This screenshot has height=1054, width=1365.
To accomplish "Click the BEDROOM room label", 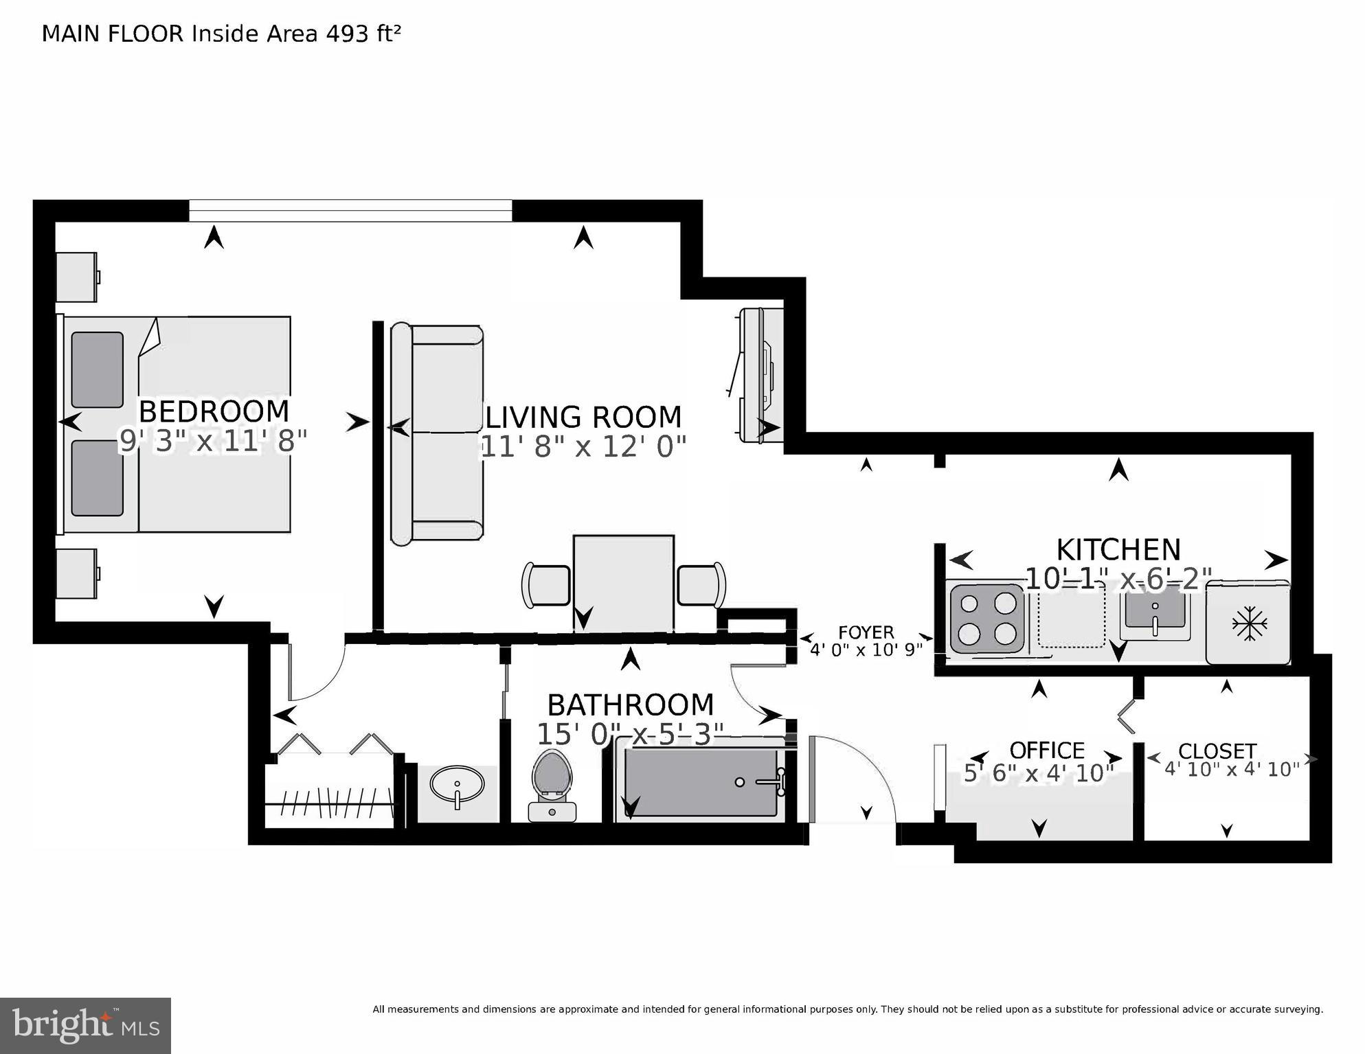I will click(214, 411).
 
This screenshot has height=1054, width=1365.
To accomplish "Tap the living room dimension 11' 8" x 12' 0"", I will click(583, 447).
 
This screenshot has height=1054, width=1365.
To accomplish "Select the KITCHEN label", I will click(1118, 550).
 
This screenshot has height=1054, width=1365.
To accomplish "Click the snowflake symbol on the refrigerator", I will click(1249, 623).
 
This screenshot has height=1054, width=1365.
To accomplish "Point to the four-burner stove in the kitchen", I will click(988, 617).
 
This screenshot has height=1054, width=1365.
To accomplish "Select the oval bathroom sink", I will click(457, 784).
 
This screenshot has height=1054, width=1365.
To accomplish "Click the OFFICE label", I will click(1046, 750).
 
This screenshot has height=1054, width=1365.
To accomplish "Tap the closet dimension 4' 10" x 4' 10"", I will click(1232, 769).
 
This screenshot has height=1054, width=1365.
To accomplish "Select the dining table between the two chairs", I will click(624, 583).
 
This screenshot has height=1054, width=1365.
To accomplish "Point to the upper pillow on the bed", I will click(97, 369).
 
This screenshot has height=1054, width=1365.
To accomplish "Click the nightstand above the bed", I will click(76, 277).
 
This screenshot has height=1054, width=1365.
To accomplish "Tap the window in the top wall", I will click(350, 210).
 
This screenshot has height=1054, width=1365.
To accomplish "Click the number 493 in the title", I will click(348, 34).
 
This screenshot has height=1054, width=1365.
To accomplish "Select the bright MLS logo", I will click(85, 1025).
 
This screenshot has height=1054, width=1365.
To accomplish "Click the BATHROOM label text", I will click(630, 705).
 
